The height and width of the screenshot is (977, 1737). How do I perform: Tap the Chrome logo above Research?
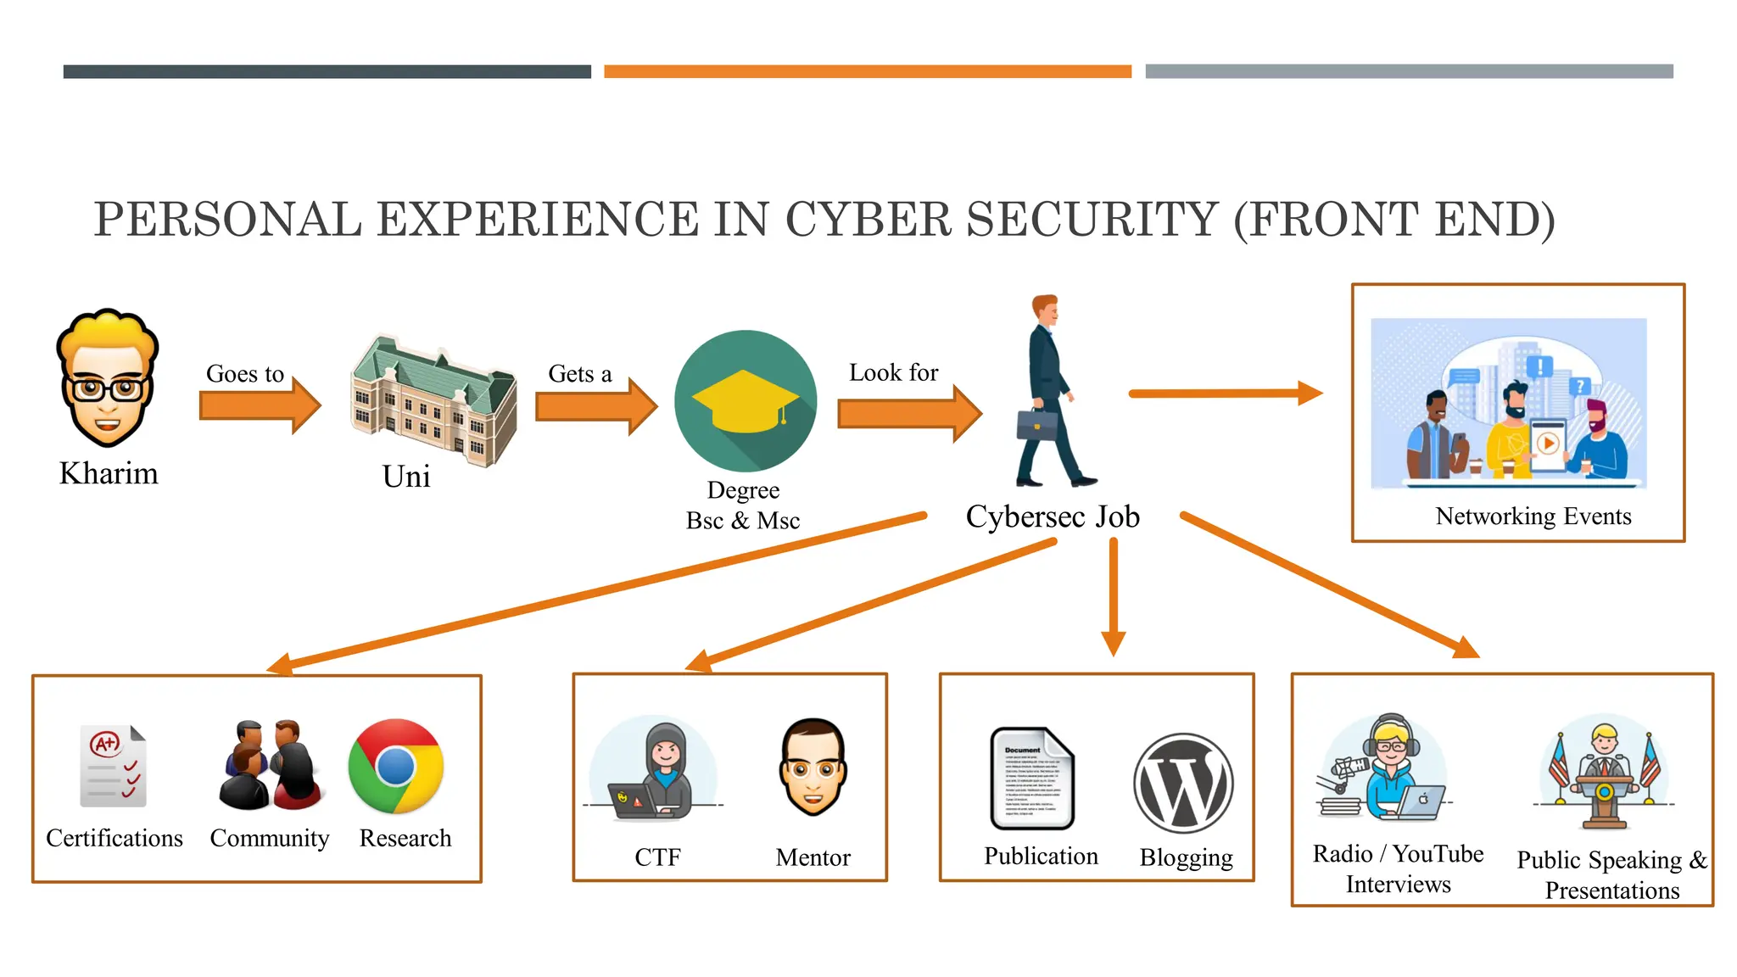pos(395,766)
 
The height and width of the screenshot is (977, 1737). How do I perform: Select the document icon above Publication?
pos(1032,778)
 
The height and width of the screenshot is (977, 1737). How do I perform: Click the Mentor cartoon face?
pos(813,766)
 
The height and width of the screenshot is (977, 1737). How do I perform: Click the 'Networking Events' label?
pos(1533,516)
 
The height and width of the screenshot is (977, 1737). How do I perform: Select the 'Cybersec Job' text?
pos(1053,516)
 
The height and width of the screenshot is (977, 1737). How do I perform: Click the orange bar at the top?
pos(868,72)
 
